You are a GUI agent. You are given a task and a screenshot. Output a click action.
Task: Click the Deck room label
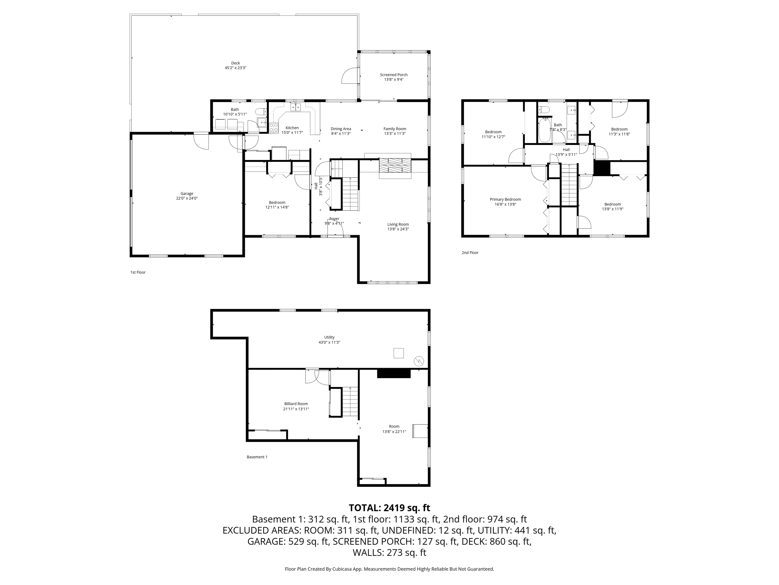point(236,63)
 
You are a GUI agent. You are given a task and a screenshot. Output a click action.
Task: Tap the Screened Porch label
point(394,75)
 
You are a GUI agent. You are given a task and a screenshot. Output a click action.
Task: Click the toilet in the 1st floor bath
point(261,112)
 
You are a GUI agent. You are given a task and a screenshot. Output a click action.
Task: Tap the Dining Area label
point(341,129)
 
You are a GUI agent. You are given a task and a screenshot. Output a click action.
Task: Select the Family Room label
point(395,129)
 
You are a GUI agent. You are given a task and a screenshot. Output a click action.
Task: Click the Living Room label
point(398,224)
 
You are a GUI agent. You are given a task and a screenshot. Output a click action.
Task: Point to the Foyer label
point(334,219)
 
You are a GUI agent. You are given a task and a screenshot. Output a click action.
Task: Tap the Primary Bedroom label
point(505,200)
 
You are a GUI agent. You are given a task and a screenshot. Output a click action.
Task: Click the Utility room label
point(329,337)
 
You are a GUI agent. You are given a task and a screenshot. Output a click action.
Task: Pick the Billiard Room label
point(296,404)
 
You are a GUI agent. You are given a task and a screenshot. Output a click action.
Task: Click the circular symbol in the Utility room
point(419,361)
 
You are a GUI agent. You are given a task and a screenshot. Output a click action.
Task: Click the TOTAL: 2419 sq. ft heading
point(389,508)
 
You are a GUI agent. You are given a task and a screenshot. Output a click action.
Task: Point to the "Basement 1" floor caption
point(257,457)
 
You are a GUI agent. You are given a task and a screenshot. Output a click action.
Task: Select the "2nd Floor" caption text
point(470,252)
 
